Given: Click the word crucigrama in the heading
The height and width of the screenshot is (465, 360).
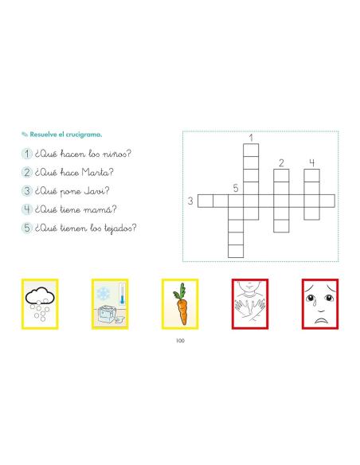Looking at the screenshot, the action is pos(84,135).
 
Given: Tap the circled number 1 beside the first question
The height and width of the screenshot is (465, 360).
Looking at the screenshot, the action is pos(27,154).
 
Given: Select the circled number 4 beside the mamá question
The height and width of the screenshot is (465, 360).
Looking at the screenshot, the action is pos(27,209).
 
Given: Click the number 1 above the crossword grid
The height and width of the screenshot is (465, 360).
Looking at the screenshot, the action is pos(251,138).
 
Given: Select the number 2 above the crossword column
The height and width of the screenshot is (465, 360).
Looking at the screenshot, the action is pos(281,162).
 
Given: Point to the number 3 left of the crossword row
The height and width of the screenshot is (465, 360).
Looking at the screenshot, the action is pos(190,201).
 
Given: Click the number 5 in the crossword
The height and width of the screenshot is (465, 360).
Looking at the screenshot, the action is pos(236,188).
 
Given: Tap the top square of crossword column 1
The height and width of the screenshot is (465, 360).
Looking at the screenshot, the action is pos(251,150).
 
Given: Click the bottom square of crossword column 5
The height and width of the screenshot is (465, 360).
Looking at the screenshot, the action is pos(236,251).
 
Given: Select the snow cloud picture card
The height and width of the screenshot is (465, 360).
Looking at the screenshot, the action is pos(40,304).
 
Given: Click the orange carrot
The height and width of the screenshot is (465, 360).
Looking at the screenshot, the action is pos(181,304).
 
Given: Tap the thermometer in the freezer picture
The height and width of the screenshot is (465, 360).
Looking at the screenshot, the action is pos(122,294).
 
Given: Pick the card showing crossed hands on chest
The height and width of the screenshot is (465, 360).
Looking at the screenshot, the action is pos(250,304).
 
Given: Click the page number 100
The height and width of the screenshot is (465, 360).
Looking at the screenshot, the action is pos(180,341).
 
